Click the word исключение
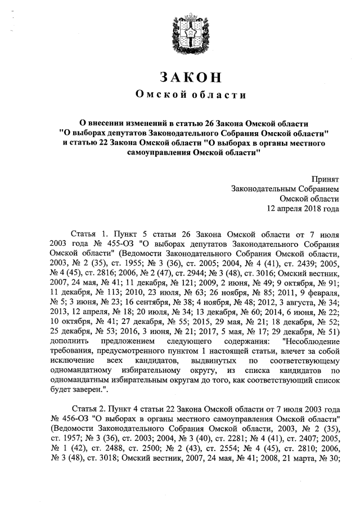[73, 359]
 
